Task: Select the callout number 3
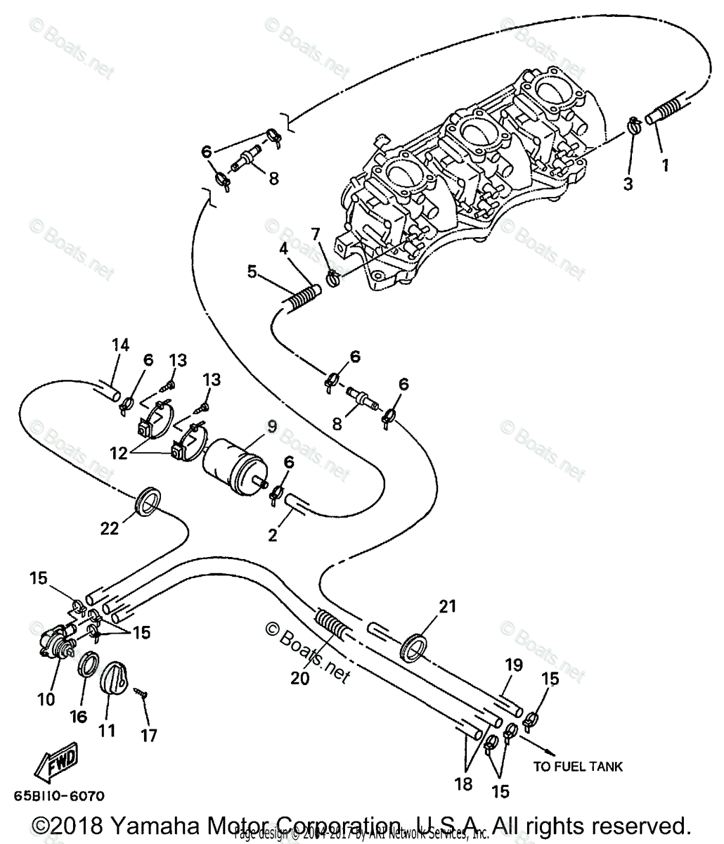(x=628, y=184)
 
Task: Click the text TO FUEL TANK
(x=577, y=766)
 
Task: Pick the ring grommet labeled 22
(x=148, y=501)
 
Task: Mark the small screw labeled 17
(x=143, y=692)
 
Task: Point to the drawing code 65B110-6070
(x=59, y=797)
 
